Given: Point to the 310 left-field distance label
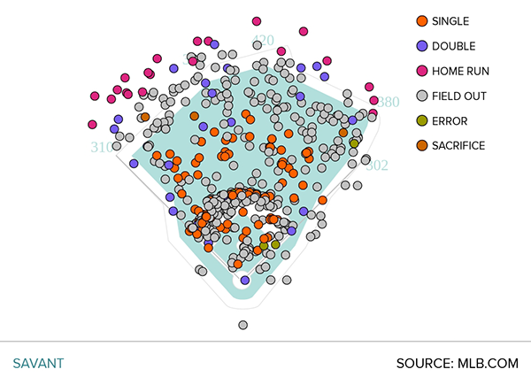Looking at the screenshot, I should [103, 148].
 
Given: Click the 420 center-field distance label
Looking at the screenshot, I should [263, 41].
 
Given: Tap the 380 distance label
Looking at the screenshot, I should [389, 102].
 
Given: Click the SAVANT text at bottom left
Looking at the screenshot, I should [38, 363].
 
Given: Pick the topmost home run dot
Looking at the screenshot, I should [257, 20].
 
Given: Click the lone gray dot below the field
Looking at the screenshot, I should [242, 326].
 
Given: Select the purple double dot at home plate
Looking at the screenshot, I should [245, 280].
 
